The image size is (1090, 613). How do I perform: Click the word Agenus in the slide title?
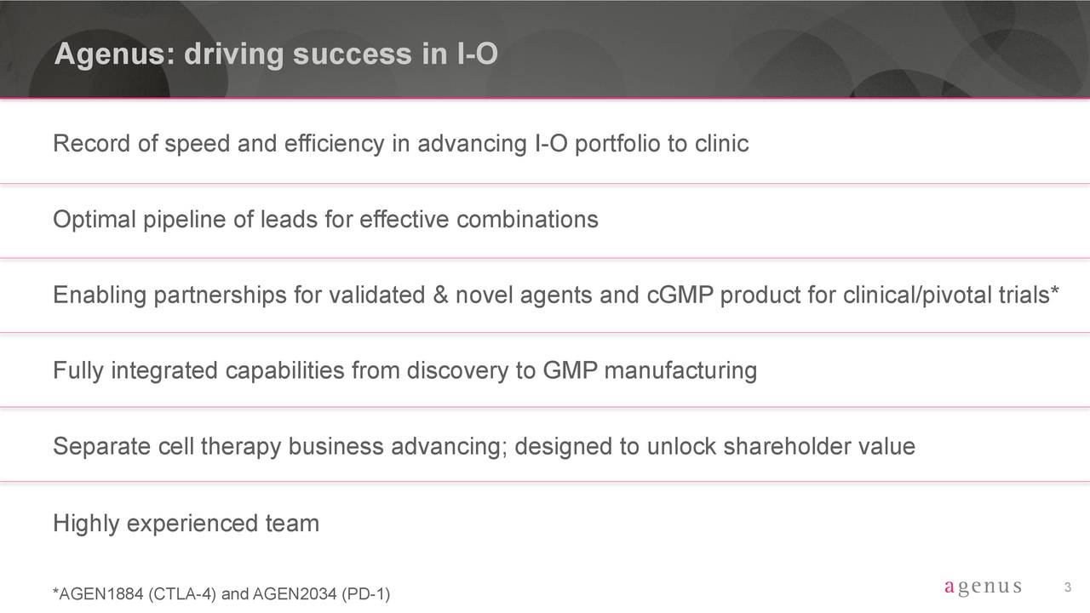(114, 54)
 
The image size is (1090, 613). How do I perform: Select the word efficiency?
(335, 145)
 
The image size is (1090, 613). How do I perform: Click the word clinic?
(721, 144)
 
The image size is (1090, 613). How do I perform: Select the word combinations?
(527, 220)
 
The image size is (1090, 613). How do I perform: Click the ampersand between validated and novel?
(440, 295)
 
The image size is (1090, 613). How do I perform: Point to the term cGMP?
(680, 295)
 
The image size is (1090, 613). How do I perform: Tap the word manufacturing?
(680, 371)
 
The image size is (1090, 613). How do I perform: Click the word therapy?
(240, 447)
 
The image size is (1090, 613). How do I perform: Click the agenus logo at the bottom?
(983, 587)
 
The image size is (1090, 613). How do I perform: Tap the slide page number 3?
(1068, 587)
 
